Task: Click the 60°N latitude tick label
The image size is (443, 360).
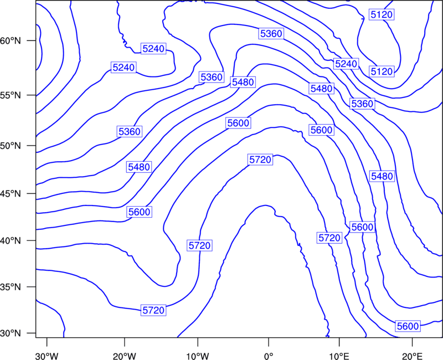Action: (x=11, y=40)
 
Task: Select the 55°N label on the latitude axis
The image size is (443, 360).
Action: (x=11, y=95)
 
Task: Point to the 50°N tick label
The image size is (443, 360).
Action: (x=11, y=146)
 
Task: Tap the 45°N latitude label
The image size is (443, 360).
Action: (x=11, y=194)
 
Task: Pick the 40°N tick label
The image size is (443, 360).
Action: (x=11, y=241)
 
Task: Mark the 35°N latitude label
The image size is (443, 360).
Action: (x=11, y=287)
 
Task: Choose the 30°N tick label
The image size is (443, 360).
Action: (x=11, y=333)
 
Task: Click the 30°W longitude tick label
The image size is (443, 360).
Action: (x=47, y=356)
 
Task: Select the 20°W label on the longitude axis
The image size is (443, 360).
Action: (x=125, y=356)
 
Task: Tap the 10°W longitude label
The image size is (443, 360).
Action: (x=198, y=356)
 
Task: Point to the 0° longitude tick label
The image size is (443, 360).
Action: (x=269, y=356)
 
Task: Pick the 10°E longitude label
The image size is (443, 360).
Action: (x=339, y=356)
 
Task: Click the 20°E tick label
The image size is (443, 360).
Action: (x=412, y=356)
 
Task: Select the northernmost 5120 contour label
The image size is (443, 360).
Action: (x=382, y=14)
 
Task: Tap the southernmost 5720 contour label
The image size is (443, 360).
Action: (x=153, y=310)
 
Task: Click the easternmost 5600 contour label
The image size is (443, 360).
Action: (x=408, y=326)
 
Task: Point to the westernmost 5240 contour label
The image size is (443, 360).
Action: (x=123, y=68)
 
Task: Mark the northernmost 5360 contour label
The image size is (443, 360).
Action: (x=271, y=34)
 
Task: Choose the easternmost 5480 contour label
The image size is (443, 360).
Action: (x=382, y=176)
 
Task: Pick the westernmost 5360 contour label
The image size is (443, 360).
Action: (x=130, y=132)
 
